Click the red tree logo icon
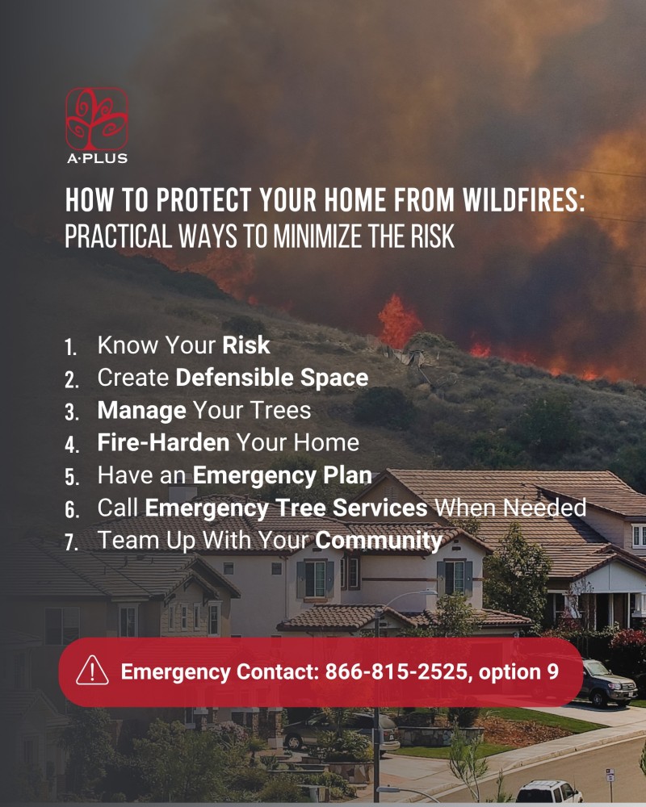pyautogui.click(x=97, y=119)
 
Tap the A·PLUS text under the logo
pyautogui.click(x=97, y=158)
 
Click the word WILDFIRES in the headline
pyautogui.click(x=523, y=199)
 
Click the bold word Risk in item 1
pyautogui.click(x=245, y=345)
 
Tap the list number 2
pyautogui.click(x=72, y=380)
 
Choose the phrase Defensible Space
pyautogui.click(x=272, y=377)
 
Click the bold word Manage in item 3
pyautogui.click(x=141, y=411)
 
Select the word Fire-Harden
pyautogui.click(x=163, y=442)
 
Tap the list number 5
pyautogui.click(x=72, y=477)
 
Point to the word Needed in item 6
pyautogui.click(x=545, y=508)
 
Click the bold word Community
pyautogui.click(x=379, y=541)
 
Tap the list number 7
pyautogui.click(x=72, y=542)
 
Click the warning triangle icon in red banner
pyautogui.click(x=92, y=671)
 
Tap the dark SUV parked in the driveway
pyautogui.click(x=606, y=683)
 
